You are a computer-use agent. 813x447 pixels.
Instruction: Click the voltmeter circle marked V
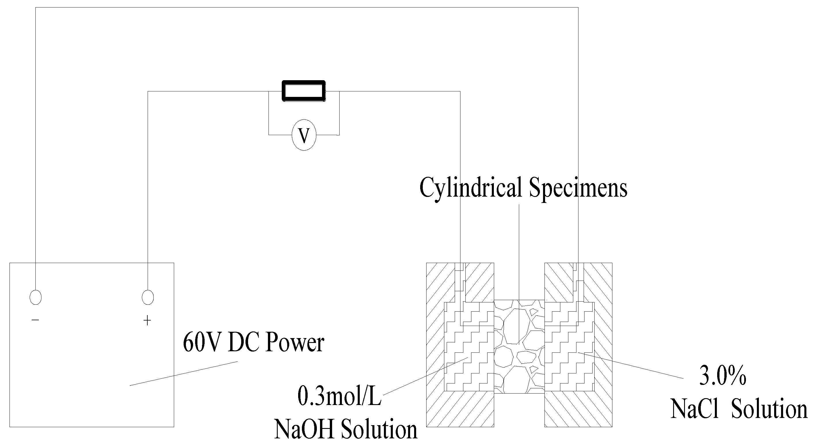point(304,135)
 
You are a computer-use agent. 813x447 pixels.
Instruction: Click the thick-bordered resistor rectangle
point(303,91)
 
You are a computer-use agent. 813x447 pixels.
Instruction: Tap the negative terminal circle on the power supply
point(35,297)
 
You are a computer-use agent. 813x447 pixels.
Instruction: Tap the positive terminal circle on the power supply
point(148,297)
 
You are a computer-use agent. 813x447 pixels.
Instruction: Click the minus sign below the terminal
point(35,320)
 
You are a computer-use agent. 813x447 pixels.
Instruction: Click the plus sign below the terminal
point(147,321)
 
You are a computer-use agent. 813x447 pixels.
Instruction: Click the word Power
point(295,343)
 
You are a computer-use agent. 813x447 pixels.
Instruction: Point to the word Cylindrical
point(470,188)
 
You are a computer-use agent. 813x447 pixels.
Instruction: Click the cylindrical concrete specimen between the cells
point(519,347)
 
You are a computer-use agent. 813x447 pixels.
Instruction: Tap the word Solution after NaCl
point(769,409)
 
